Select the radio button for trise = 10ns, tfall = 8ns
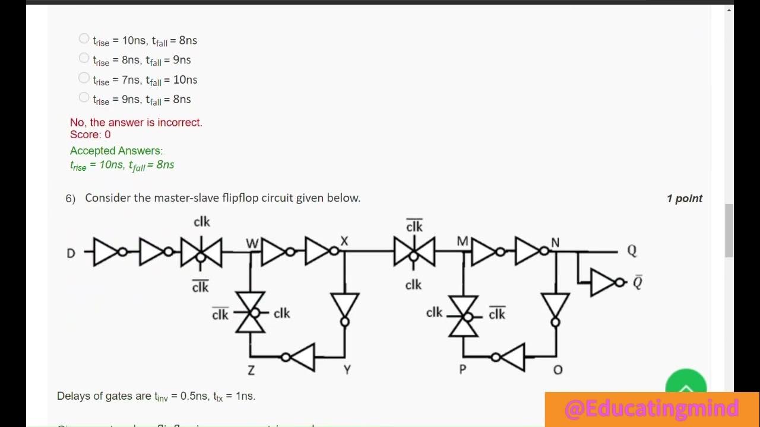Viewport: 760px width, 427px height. click(84, 39)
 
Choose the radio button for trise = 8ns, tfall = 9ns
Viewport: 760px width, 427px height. click(84, 58)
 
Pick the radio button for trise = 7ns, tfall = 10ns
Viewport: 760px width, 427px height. click(84, 78)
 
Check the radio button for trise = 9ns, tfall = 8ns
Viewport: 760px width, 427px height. click(84, 97)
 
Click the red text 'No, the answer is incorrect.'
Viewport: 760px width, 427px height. click(136, 123)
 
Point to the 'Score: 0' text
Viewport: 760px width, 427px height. click(90, 135)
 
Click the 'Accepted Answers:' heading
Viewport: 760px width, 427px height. click(116, 151)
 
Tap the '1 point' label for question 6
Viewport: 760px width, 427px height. click(684, 199)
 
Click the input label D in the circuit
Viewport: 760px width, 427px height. click(71, 253)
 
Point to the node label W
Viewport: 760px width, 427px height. click(252, 244)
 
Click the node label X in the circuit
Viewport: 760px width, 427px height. click(344, 241)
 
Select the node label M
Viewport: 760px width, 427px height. click(463, 241)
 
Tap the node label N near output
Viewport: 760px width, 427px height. click(555, 242)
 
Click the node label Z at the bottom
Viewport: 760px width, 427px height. click(251, 371)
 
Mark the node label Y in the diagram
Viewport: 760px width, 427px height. click(347, 370)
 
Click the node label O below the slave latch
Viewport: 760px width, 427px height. click(558, 370)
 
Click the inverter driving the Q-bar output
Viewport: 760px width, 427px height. click(605, 283)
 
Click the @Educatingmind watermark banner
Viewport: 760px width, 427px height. click(651, 409)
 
